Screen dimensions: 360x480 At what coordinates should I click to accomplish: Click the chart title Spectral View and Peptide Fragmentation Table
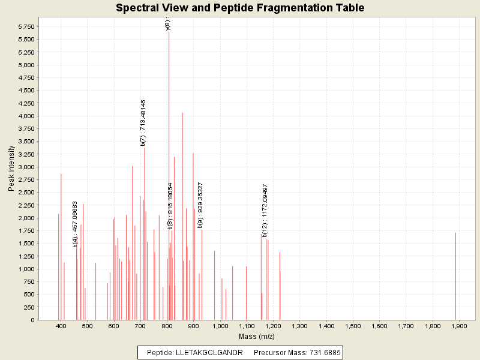(240, 8)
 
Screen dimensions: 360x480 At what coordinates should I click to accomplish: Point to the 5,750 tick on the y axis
(26, 27)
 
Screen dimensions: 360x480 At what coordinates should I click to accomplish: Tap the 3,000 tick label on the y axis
(26, 167)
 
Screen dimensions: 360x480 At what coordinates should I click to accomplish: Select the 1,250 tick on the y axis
(26, 256)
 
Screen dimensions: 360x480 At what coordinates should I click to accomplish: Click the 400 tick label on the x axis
(61, 326)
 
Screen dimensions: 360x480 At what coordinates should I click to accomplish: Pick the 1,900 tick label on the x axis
(459, 326)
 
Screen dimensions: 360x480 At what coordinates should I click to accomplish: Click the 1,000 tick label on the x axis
(220, 326)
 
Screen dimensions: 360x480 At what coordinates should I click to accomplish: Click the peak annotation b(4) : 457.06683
(75, 224)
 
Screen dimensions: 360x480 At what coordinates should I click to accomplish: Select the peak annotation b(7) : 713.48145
(143, 123)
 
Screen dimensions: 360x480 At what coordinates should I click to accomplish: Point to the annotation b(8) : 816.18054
(170, 206)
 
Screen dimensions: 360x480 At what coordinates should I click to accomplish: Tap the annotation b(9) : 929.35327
(200, 205)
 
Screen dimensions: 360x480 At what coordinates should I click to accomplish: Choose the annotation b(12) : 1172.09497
(265, 211)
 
